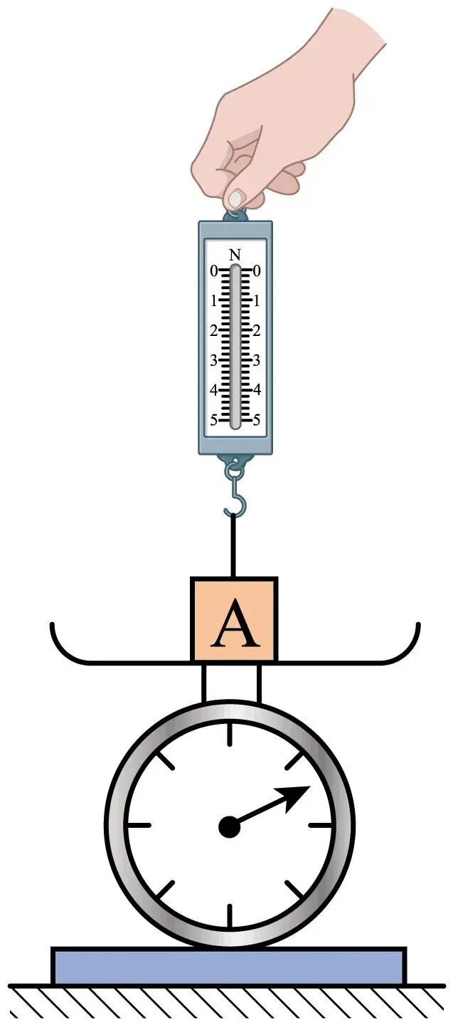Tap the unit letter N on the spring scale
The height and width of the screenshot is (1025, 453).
235,255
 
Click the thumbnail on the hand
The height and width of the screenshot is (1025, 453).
236,198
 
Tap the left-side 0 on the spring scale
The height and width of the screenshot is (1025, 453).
214,271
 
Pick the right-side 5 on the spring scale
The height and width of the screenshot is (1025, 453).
257,420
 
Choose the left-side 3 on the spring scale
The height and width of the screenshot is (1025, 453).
213,361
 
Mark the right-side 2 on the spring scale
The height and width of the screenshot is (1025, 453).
257,331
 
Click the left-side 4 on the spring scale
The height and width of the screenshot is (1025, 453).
213,390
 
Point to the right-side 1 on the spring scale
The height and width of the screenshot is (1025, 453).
257,301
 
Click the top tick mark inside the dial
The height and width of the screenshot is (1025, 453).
229,735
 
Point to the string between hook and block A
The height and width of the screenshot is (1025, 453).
234,545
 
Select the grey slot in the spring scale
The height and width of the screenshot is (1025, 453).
235,347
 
